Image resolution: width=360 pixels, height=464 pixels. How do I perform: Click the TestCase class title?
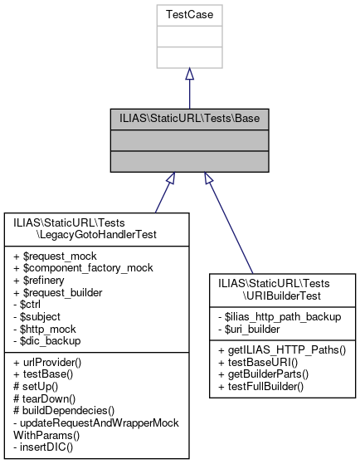coord(189,14)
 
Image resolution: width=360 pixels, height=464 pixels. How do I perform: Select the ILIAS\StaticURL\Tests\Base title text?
coord(189,119)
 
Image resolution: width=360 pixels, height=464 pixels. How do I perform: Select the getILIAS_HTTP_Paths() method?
coord(281,352)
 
